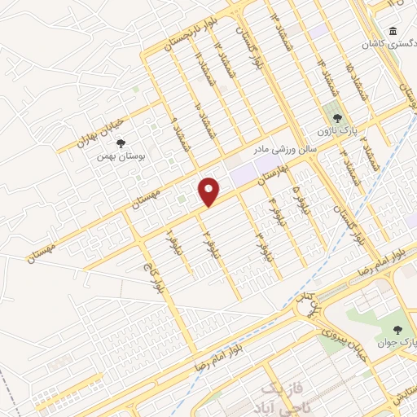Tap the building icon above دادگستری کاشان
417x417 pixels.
[394, 32]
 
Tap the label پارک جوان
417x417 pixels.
[399, 343]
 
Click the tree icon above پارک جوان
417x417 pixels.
[397, 329]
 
